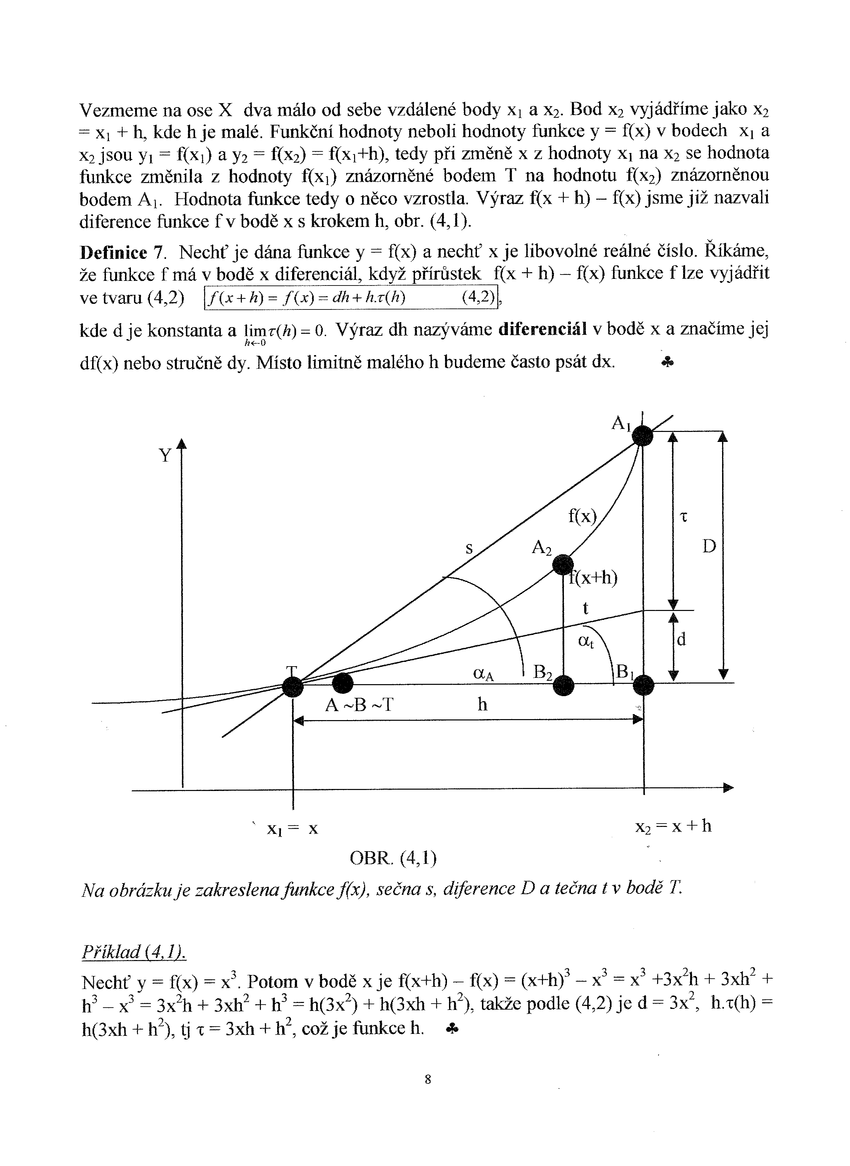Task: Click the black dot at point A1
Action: pyautogui.click(x=642, y=437)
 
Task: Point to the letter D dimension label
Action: pyautogui.click(x=709, y=546)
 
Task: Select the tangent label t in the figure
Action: pyautogui.click(x=585, y=608)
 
